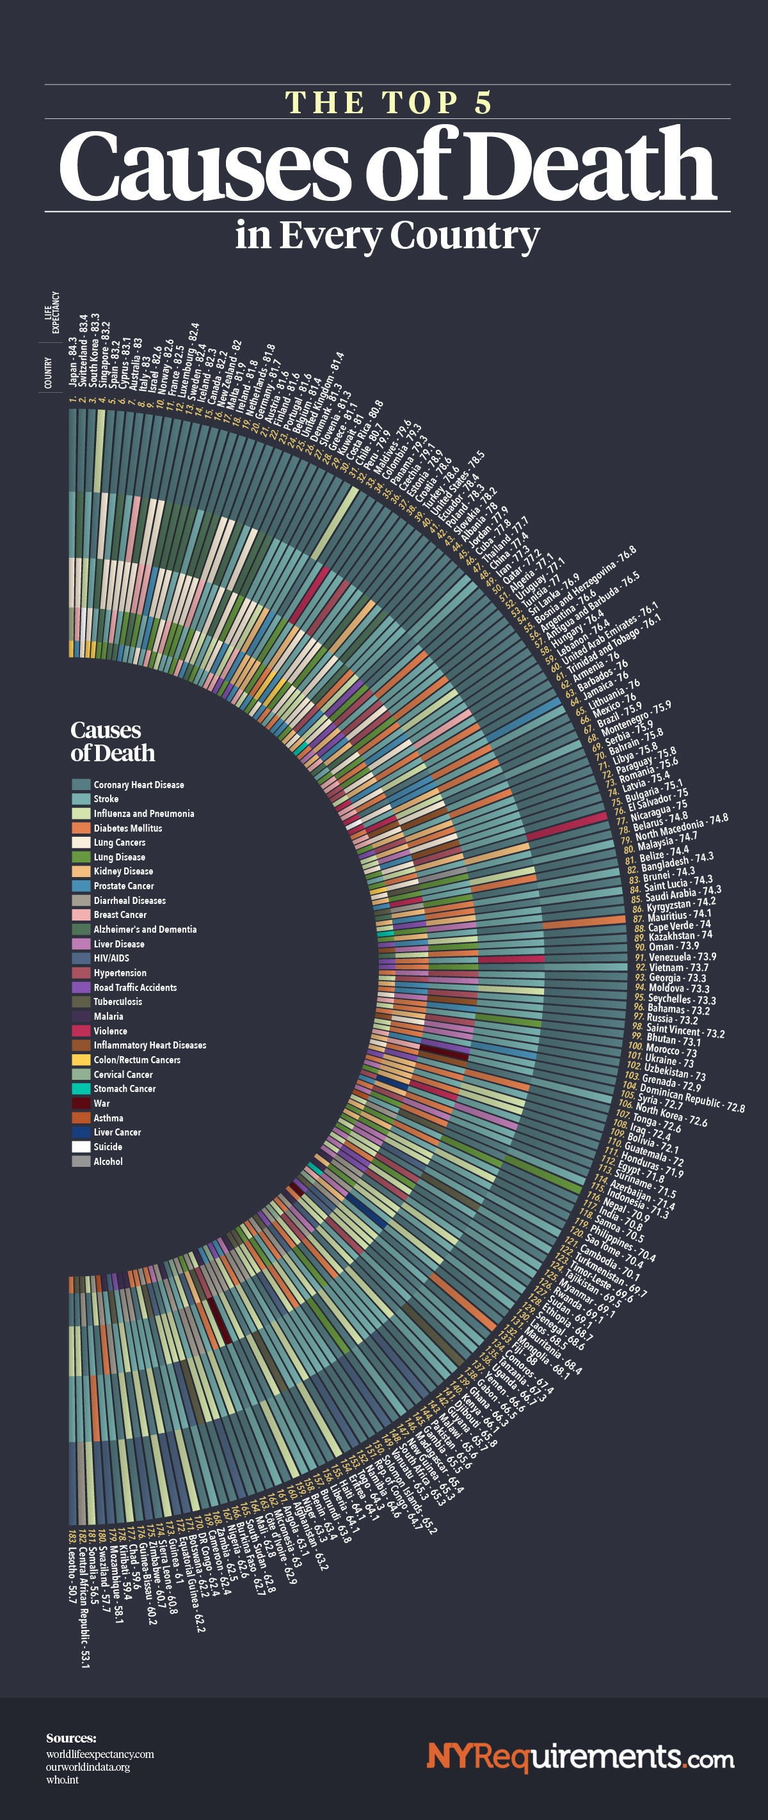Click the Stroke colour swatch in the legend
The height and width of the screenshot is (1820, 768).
coord(81,799)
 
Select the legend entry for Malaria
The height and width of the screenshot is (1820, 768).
coord(108,1016)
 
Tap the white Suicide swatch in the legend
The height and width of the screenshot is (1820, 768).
coord(81,1146)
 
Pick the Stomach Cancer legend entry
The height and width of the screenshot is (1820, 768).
coord(124,1089)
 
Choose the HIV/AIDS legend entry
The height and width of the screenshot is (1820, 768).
coord(111,958)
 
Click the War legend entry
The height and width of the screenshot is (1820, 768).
coord(101,1104)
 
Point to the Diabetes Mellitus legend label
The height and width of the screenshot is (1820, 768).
coord(128,828)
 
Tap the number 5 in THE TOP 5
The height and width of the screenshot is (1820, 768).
coord(483,103)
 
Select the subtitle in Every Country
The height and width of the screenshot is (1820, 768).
coord(387,235)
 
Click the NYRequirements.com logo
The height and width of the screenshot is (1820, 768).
coord(580,1757)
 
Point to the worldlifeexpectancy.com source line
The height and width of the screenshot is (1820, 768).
coord(100,1754)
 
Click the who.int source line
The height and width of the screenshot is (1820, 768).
coord(62,1780)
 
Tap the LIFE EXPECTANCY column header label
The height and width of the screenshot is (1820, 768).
coord(52,312)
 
